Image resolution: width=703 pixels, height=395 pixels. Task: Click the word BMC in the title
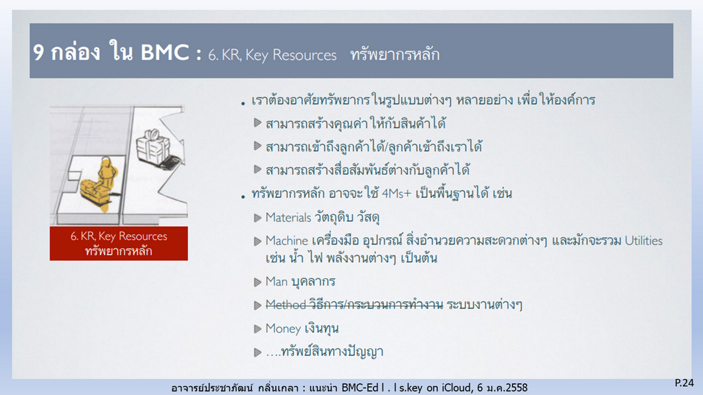point(165,52)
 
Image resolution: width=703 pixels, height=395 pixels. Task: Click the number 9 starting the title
point(38,52)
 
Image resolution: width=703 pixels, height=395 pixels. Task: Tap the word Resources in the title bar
point(304,55)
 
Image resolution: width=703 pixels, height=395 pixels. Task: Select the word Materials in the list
point(288,218)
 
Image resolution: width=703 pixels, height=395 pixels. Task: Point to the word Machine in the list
point(286,240)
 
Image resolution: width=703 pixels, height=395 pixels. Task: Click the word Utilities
point(643,240)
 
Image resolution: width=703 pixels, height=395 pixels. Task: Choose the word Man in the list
point(276,282)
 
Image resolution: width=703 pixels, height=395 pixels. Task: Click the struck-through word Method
point(286,305)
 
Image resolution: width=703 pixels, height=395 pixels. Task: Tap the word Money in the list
point(283,328)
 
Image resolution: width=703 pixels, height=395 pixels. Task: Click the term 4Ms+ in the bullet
point(396,194)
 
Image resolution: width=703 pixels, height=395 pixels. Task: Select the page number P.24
point(684,383)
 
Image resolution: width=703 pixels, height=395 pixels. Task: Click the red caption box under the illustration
point(119,243)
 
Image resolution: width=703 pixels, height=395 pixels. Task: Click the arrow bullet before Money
point(257,328)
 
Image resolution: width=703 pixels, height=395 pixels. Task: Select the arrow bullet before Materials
point(257,218)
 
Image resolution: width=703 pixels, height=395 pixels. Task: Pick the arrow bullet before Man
point(257,282)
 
